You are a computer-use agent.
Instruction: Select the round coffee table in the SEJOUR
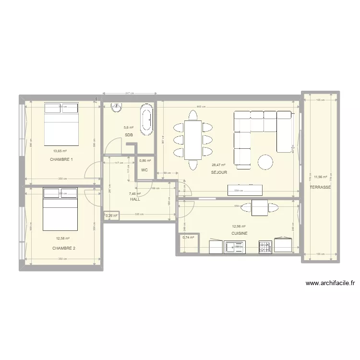[x=265, y=162]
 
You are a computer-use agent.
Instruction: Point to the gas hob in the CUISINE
[x=265, y=247]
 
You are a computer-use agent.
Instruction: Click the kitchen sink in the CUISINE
[x=236, y=247]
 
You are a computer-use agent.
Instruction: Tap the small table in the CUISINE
[x=260, y=207]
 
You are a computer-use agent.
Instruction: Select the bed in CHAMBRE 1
[x=61, y=123]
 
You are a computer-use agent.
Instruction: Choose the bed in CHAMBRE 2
[x=60, y=209]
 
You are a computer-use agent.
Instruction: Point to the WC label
[x=144, y=170]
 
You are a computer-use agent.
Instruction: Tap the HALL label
[x=135, y=199]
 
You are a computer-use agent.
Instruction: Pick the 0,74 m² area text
[x=188, y=237]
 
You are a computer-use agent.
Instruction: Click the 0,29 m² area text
[x=111, y=216]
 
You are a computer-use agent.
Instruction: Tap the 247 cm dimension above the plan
[x=129, y=93]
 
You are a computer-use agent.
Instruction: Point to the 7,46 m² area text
[x=135, y=194]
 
